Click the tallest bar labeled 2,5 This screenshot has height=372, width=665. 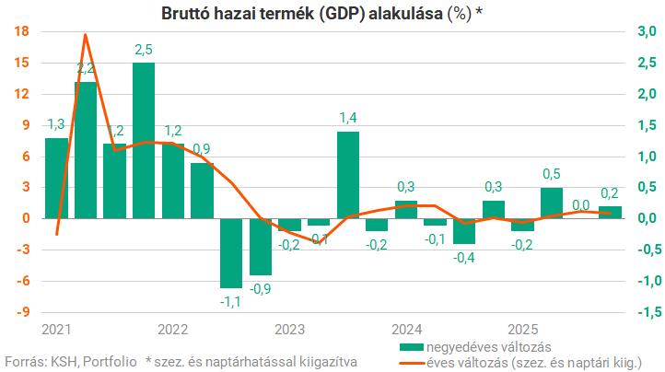point(144,140)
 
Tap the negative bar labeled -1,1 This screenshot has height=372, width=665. point(230,253)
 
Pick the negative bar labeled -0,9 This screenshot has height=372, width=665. point(260,247)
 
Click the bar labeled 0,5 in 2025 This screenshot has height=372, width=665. point(551,203)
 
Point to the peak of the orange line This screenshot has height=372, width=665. point(86,35)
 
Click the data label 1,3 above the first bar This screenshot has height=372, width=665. point(55,124)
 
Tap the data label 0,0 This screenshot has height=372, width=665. point(580,205)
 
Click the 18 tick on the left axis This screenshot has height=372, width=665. point(23,31)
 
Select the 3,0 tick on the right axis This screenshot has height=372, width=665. point(647,31)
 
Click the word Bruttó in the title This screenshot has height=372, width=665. point(185,13)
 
